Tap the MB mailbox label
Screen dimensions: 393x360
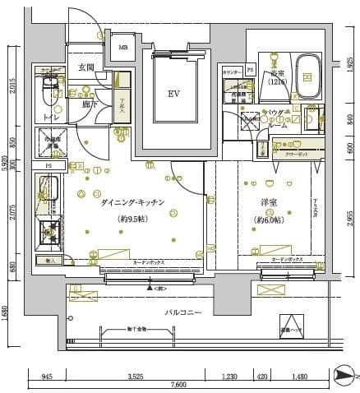coord(123,48)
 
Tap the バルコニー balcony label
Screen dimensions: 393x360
coord(182,313)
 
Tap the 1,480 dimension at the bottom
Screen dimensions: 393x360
coord(299,377)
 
